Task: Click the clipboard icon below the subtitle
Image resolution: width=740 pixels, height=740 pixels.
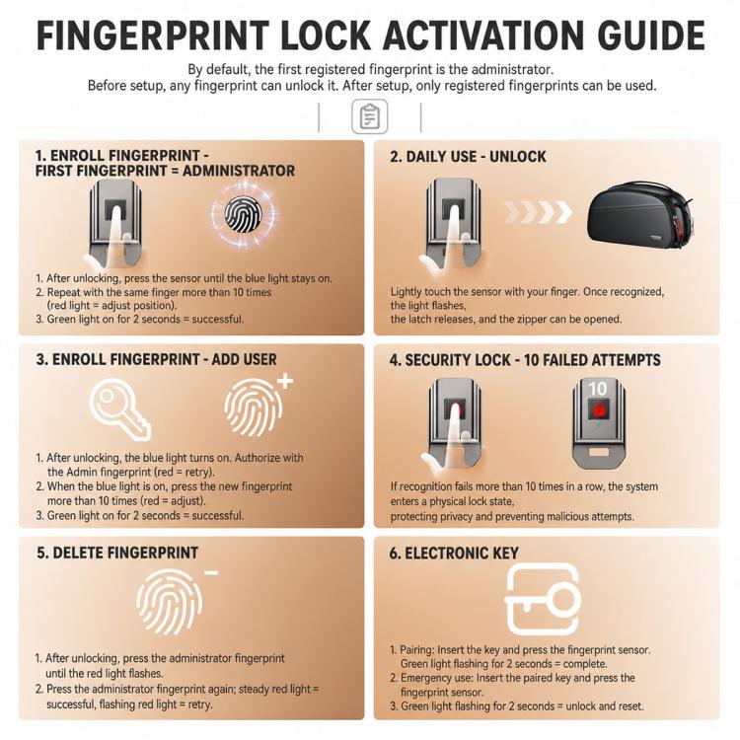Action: point(370,116)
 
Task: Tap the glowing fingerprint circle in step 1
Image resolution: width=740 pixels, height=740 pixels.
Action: point(243,215)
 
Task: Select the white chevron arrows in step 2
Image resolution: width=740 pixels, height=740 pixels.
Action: point(538,212)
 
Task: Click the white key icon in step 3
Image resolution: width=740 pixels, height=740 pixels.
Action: point(120,410)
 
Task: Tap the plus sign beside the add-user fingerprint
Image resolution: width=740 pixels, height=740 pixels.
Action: point(284,381)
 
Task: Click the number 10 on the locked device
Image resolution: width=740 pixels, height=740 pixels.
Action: point(598,389)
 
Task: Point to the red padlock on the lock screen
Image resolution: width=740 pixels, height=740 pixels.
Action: point(599,408)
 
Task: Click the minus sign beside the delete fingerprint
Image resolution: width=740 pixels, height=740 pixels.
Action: point(211,573)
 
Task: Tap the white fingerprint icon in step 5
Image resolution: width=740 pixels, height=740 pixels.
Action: point(170,602)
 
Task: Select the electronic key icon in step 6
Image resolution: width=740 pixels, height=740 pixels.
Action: point(543,599)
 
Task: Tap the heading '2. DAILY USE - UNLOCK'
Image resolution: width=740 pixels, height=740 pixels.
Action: point(468,157)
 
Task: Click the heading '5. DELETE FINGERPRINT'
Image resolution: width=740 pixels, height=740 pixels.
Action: point(117,553)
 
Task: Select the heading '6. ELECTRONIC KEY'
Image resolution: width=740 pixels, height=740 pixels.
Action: point(454,554)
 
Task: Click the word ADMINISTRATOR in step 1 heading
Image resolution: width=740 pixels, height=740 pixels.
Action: point(239,171)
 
